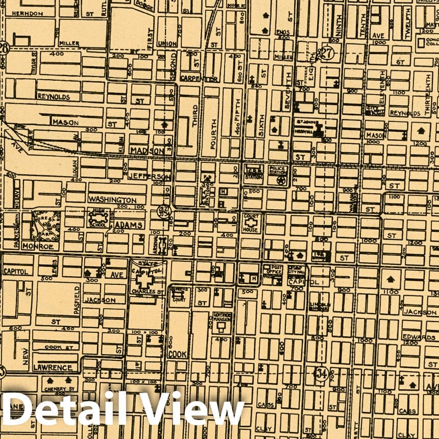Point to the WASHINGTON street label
click(x=112, y=200)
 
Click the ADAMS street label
click(x=129, y=225)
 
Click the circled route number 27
click(x=326, y=52)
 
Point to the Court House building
click(x=251, y=223)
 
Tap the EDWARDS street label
click(x=418, y=337)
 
